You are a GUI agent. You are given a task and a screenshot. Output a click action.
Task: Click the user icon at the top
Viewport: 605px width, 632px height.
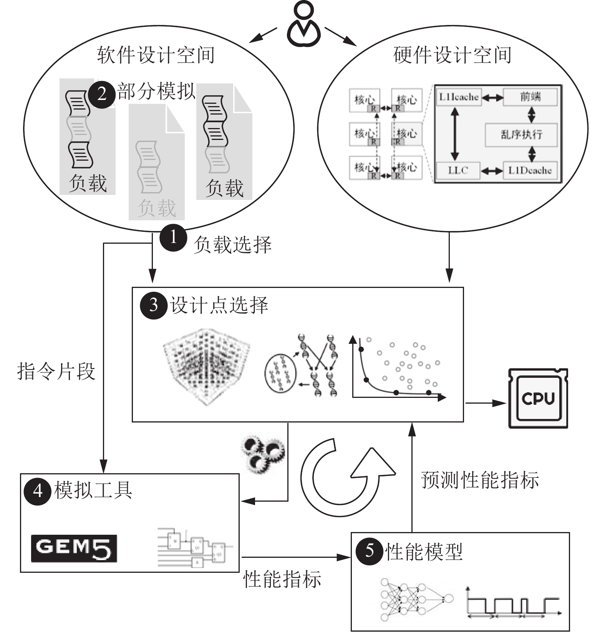(303, 25)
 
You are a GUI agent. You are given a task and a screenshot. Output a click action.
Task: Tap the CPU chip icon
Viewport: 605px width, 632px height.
(538, 398)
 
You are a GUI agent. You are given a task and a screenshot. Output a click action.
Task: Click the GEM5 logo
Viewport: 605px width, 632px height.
(74, 548)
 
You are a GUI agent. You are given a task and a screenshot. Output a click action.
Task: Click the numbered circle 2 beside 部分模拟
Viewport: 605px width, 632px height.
(102, 94)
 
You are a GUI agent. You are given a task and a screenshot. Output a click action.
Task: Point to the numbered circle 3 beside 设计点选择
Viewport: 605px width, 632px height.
(154, 305)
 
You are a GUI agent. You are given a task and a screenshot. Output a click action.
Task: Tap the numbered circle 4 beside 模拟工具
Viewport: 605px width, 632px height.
(37, 491)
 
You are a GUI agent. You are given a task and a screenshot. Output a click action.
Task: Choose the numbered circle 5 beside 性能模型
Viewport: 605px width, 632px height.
(369, 551)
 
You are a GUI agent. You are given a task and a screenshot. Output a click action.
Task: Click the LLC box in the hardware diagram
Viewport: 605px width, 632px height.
(458, 170)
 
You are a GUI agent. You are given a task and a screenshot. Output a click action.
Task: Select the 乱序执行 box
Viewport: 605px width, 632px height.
(521, 135)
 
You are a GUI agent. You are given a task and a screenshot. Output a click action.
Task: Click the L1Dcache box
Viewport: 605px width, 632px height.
(530, 170)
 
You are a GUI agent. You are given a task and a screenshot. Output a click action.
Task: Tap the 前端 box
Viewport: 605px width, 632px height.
(530, 97)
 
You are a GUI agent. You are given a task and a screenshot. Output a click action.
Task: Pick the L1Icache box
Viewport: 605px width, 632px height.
(459, 97)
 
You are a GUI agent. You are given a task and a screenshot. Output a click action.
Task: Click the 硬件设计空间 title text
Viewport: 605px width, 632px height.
(453, 55)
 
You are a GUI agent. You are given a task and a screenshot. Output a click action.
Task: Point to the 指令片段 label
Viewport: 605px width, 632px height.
(56, 372)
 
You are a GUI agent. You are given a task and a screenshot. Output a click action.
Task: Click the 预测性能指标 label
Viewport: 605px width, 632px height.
(480, 480)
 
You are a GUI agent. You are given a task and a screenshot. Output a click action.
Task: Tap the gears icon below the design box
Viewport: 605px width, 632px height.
(263, 454)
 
